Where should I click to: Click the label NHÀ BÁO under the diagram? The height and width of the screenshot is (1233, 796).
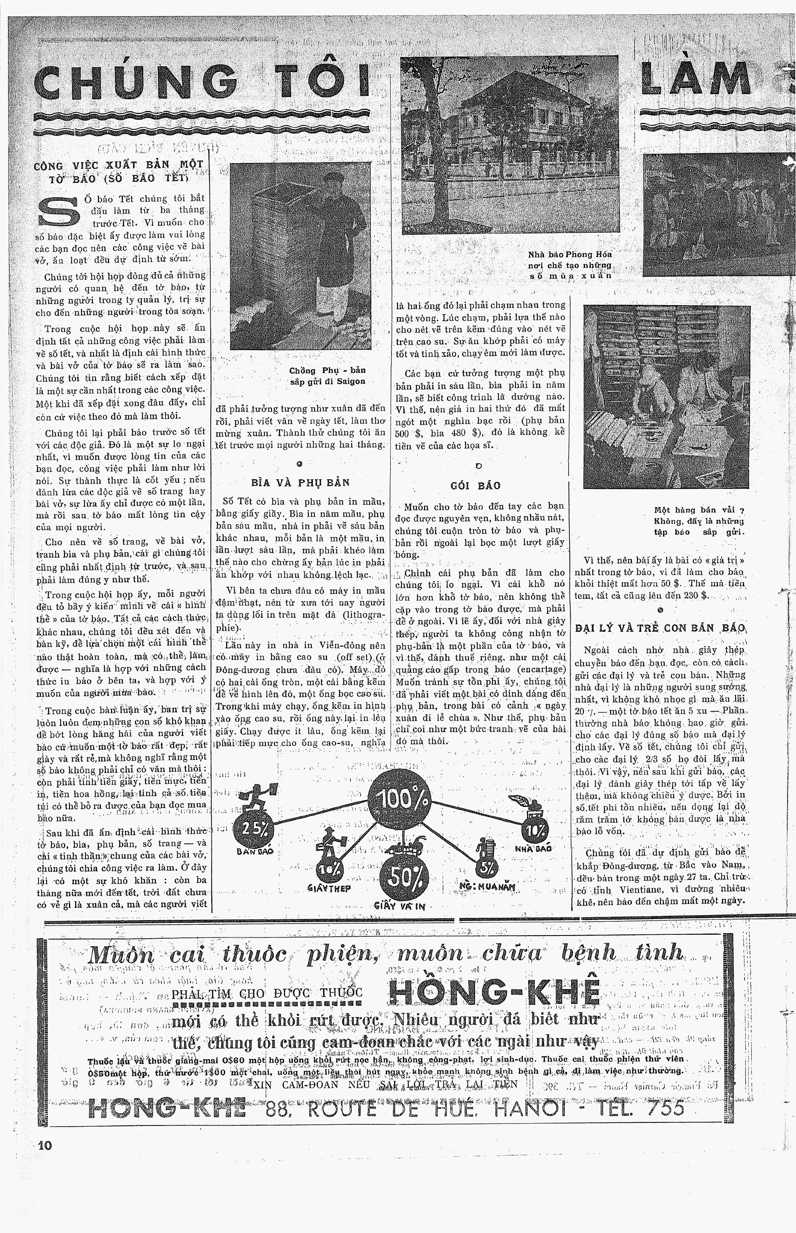533,848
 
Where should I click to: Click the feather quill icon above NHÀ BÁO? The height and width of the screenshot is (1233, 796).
522,801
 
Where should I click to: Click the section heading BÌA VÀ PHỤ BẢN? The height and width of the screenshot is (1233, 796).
300,483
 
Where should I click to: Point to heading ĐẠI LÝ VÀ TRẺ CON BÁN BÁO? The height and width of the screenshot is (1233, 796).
661,628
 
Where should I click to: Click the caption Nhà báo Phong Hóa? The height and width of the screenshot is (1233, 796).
569,254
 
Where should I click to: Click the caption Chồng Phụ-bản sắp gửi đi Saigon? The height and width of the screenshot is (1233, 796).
327,376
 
